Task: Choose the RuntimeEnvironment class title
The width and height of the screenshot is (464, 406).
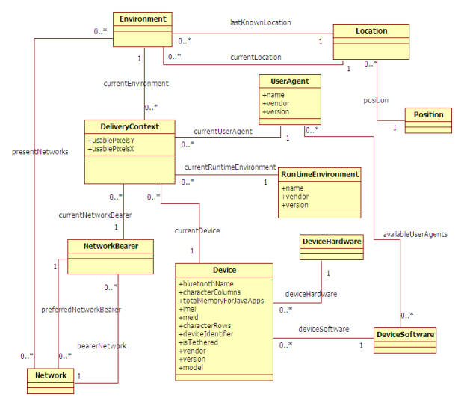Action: pos(320,174)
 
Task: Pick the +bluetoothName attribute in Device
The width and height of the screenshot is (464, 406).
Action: pos(206,284)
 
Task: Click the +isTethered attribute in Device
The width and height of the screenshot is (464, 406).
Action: pos(198,342)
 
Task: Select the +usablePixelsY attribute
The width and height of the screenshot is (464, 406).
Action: pos(111,140)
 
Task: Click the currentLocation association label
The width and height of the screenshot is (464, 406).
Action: pos(256,57)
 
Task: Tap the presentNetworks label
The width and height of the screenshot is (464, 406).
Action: pos(40,151)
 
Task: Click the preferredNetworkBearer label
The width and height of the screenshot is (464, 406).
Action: pos(80,308)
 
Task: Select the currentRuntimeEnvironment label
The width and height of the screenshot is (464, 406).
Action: pos(229,167)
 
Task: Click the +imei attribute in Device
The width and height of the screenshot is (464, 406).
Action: pos(188,309)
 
